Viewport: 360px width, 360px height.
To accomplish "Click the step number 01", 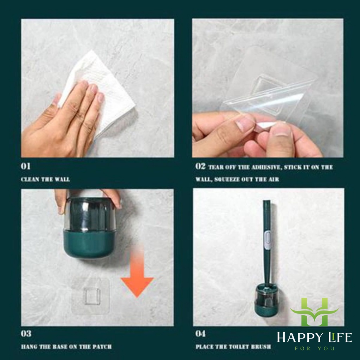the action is tap(25, 166).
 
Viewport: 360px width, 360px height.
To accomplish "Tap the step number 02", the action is tap(200, 166).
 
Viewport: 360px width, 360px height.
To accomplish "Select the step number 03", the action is tap(26, 334).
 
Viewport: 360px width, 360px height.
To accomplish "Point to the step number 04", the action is tap(200, 334).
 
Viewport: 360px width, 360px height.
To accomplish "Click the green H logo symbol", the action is tap(314, 312).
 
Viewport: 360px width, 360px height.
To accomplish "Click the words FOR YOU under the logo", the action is tap(315, 348).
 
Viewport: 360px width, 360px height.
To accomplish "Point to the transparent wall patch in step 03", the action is tap(90, 296).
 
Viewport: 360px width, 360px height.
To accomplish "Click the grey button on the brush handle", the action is tap(267, 240).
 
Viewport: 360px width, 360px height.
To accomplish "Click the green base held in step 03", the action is tap(88, 243).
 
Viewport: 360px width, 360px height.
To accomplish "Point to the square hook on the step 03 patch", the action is tap(92, 296).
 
